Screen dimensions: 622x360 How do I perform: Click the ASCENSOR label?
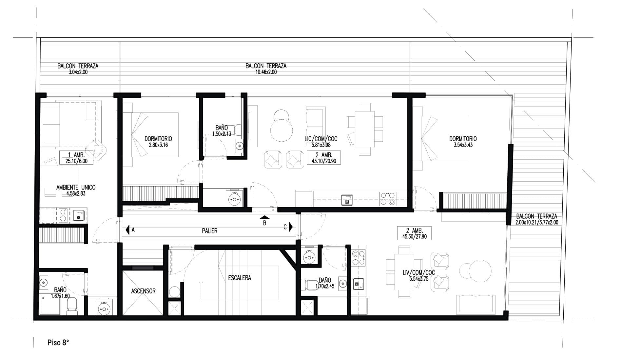(x=143, y=291)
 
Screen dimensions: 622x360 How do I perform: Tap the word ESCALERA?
(x=240, y=278)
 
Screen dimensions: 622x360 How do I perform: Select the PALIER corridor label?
(x=210, y=231)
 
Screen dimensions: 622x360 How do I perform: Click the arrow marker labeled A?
(x=127, y=230)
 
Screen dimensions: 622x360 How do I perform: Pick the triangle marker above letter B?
(x=265, y=217)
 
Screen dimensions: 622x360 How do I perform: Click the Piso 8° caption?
(x=58, y=343)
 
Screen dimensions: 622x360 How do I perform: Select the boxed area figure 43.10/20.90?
(x=324, y=161)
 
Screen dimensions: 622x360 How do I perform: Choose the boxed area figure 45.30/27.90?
(x=414, y=236)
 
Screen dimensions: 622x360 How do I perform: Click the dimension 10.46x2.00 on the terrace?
(x=266, y=72)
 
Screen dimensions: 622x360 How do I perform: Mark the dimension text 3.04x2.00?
(x=78, y=72)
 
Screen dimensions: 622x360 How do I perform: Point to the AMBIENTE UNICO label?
(x=76, y=188)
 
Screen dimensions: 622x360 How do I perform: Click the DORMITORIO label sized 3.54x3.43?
(x=463, y=139)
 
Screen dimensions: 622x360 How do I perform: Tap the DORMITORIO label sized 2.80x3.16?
(x=158, y=139)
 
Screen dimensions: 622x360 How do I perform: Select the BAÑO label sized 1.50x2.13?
(x=222, y=128)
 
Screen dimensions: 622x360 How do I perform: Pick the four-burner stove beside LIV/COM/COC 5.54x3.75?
(x=359, y=258)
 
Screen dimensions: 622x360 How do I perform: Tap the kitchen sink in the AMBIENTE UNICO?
(x=79, y=216)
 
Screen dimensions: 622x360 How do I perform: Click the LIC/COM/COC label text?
(x=321, y=139)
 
